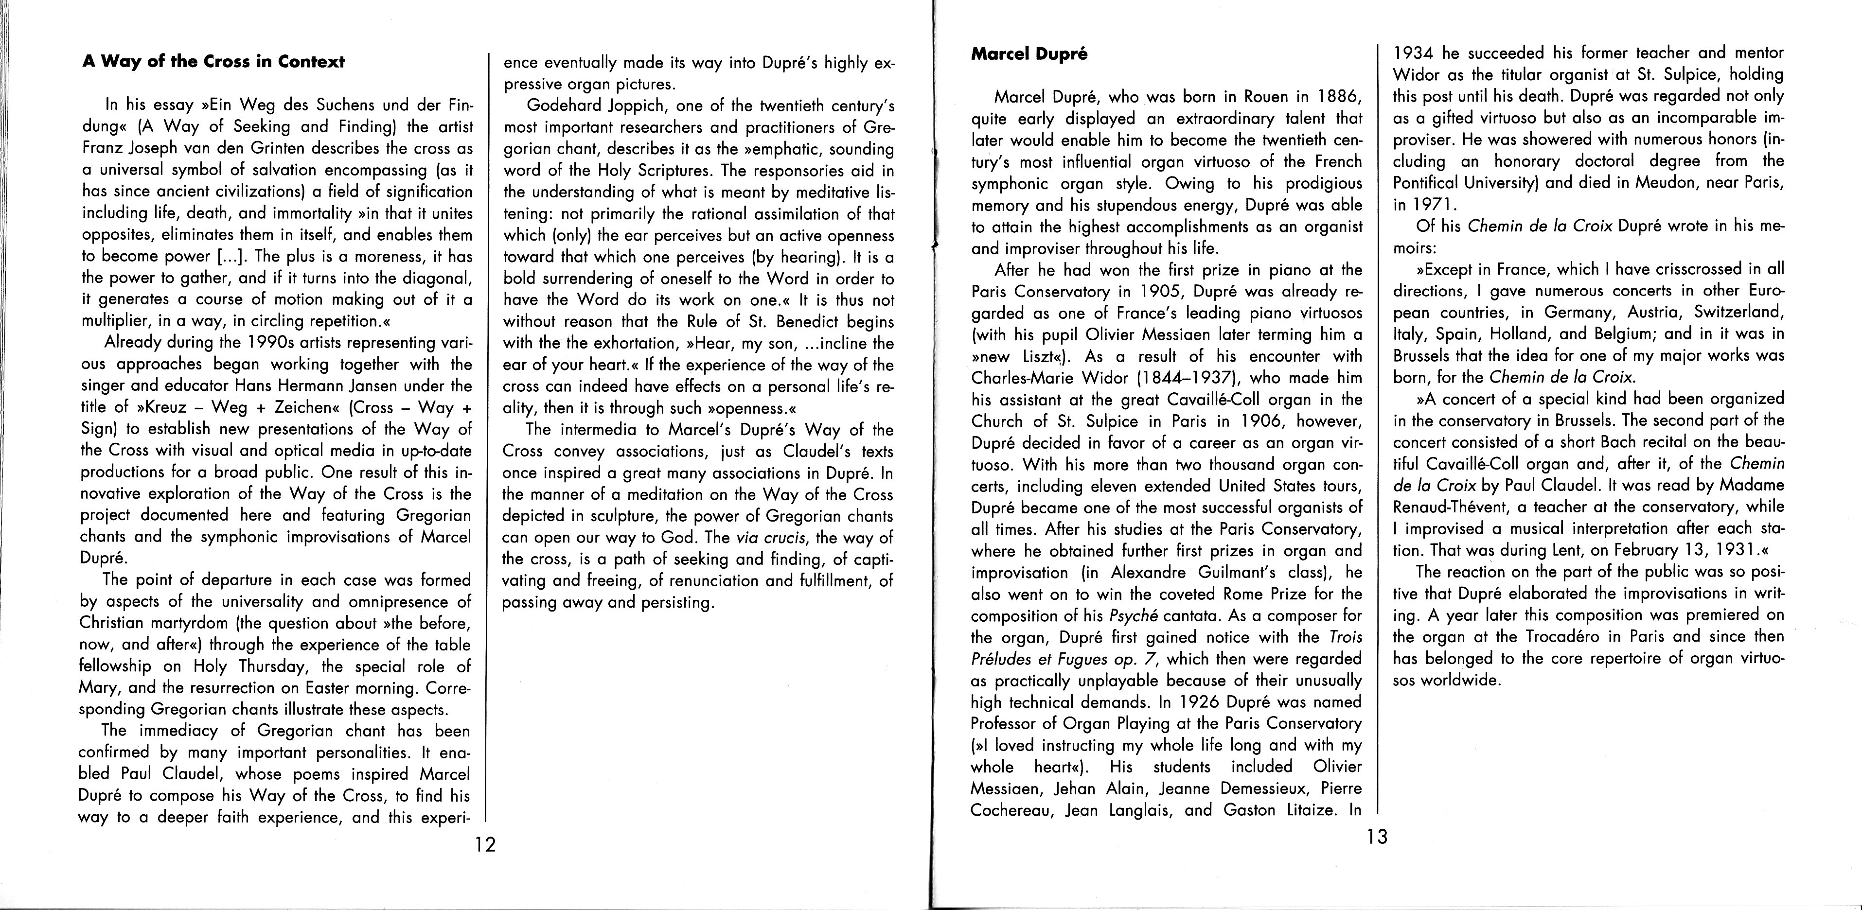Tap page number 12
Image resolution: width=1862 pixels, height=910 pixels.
(485, 844)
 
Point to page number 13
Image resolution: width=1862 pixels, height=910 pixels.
(1377, 837)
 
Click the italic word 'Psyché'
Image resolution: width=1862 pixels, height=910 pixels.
(1134, 616)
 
